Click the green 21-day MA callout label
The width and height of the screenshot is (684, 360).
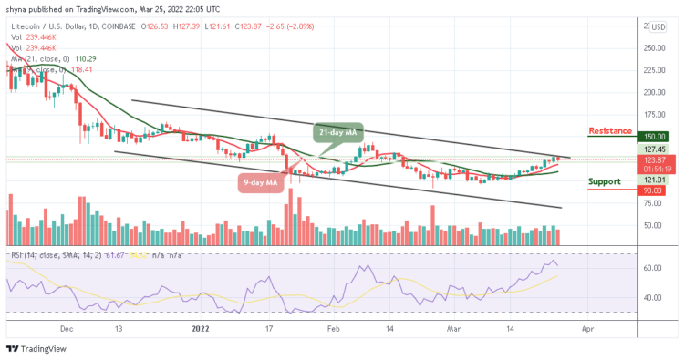click(339, 132)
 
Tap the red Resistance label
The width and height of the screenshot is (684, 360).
click(610, 131)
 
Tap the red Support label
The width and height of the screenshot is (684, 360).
click(606, 181)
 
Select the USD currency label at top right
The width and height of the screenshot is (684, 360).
click(658, 26)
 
